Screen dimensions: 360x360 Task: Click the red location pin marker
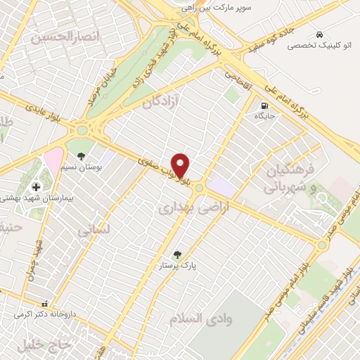coord(181,165)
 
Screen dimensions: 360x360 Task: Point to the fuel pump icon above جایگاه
coord(261,105)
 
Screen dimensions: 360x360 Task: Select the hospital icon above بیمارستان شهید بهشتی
coord(37,187)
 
